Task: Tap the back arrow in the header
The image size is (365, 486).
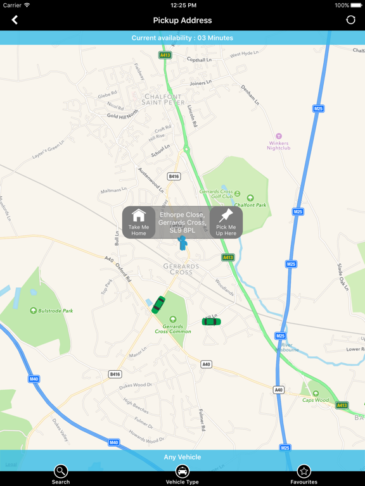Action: pyautogui.click(x=15, y=20)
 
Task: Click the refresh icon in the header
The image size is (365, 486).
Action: pyautogui.click(x=350, y=20)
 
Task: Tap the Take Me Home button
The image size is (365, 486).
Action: pyautogui.click(x=139, y=222)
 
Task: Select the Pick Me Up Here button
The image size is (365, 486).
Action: pyautogui.click(x=226, y=222)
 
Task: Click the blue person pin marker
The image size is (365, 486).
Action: pyautogui.click(x=182, y=243)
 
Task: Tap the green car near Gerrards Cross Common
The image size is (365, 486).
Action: pyautogui.click(x=158, y=305)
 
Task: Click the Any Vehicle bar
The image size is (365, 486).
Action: pyautogui.click(x=182, y=457)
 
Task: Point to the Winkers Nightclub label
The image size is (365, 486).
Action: pyautogui.click(x=278, y=145)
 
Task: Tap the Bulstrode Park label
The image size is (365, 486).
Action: pyautogui.click(x=56, y=311)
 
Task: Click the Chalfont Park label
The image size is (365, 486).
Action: pyautogui.click(x=251, y=205)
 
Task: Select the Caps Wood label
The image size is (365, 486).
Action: pyautogui.click(x=316, y=400)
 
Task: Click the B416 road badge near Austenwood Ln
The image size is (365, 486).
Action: pyautogui.click(x=174, y=177)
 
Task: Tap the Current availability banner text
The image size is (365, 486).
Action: pyautogui.click(x=182, y=38)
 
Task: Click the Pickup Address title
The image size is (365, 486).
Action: pyautogui.click(x=182, y=20)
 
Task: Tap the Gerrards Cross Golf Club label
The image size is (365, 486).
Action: pyautogui.click(x=217, y=194)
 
